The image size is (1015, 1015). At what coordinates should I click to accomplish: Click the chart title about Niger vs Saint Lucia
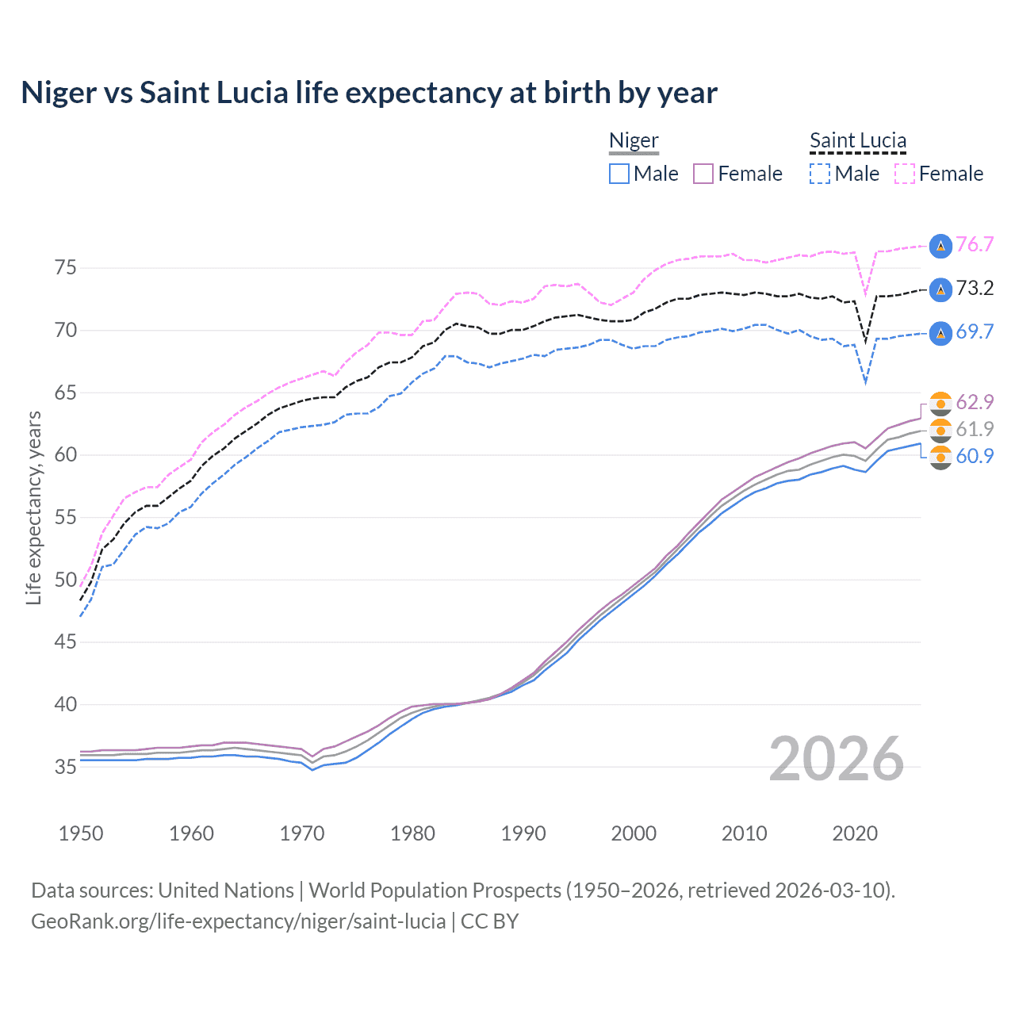369,93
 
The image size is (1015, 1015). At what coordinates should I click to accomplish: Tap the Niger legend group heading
634,141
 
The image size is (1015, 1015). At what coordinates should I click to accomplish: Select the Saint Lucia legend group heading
857,141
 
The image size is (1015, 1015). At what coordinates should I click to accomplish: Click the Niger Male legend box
619,174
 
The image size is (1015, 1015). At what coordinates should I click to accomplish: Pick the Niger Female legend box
703,174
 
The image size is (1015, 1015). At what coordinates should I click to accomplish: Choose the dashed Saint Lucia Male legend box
820,174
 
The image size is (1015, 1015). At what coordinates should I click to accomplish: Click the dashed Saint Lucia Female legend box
905,174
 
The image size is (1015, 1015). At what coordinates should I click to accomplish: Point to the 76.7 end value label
975,245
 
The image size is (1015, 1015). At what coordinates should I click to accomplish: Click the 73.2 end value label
975,289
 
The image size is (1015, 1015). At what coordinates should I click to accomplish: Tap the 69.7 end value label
975,332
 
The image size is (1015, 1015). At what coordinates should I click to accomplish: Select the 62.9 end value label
975,403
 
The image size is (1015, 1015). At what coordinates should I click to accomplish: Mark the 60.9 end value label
975,456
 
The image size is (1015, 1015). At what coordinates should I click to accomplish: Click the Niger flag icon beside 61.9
940,430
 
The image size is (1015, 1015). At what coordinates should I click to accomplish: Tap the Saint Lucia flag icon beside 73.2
940,289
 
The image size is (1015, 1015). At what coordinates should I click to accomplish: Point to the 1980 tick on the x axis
412,833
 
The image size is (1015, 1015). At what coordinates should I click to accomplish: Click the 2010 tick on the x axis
744,833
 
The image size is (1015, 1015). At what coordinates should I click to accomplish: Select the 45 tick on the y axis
66,642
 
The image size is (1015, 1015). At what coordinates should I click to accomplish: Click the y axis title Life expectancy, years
34,507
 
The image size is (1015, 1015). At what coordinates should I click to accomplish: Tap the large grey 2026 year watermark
836,759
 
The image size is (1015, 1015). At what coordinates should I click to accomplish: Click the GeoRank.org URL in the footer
238,921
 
